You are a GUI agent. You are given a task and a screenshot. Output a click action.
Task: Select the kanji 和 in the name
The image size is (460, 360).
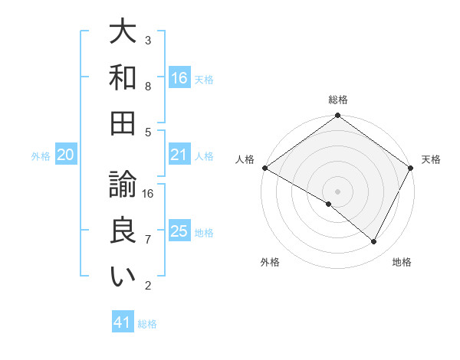point(123,77)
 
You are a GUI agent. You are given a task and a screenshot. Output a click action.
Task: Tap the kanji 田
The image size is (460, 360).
point(123,123)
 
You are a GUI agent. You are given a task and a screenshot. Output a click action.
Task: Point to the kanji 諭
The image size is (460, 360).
point(123,184)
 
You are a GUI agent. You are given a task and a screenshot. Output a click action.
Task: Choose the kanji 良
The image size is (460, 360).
point(123,231)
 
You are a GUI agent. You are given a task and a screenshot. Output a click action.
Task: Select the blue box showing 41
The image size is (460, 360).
point(123,322)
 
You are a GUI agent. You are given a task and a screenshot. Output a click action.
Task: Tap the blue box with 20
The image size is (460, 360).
point(65,155)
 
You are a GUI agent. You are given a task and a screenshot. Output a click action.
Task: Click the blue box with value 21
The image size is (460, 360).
point(179,155)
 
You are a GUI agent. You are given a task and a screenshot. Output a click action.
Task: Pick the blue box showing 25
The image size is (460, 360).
point(179,231)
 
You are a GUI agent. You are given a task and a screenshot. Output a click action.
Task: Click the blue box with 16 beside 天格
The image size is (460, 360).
point(179,77)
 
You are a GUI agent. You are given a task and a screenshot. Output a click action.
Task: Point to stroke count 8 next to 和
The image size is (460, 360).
point(148,87)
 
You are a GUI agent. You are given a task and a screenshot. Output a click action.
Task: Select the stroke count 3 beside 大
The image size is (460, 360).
point(148,40)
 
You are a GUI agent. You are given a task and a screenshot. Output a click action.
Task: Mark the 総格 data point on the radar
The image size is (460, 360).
point(337,116)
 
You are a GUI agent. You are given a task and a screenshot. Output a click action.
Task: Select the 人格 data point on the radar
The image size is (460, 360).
point(264,168)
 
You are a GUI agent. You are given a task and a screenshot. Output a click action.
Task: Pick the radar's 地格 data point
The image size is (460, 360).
point(374,242)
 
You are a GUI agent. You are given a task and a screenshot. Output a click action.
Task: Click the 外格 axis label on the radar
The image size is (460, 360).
point(270,263)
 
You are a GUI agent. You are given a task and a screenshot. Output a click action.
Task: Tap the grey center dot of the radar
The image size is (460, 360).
point(337,191)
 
